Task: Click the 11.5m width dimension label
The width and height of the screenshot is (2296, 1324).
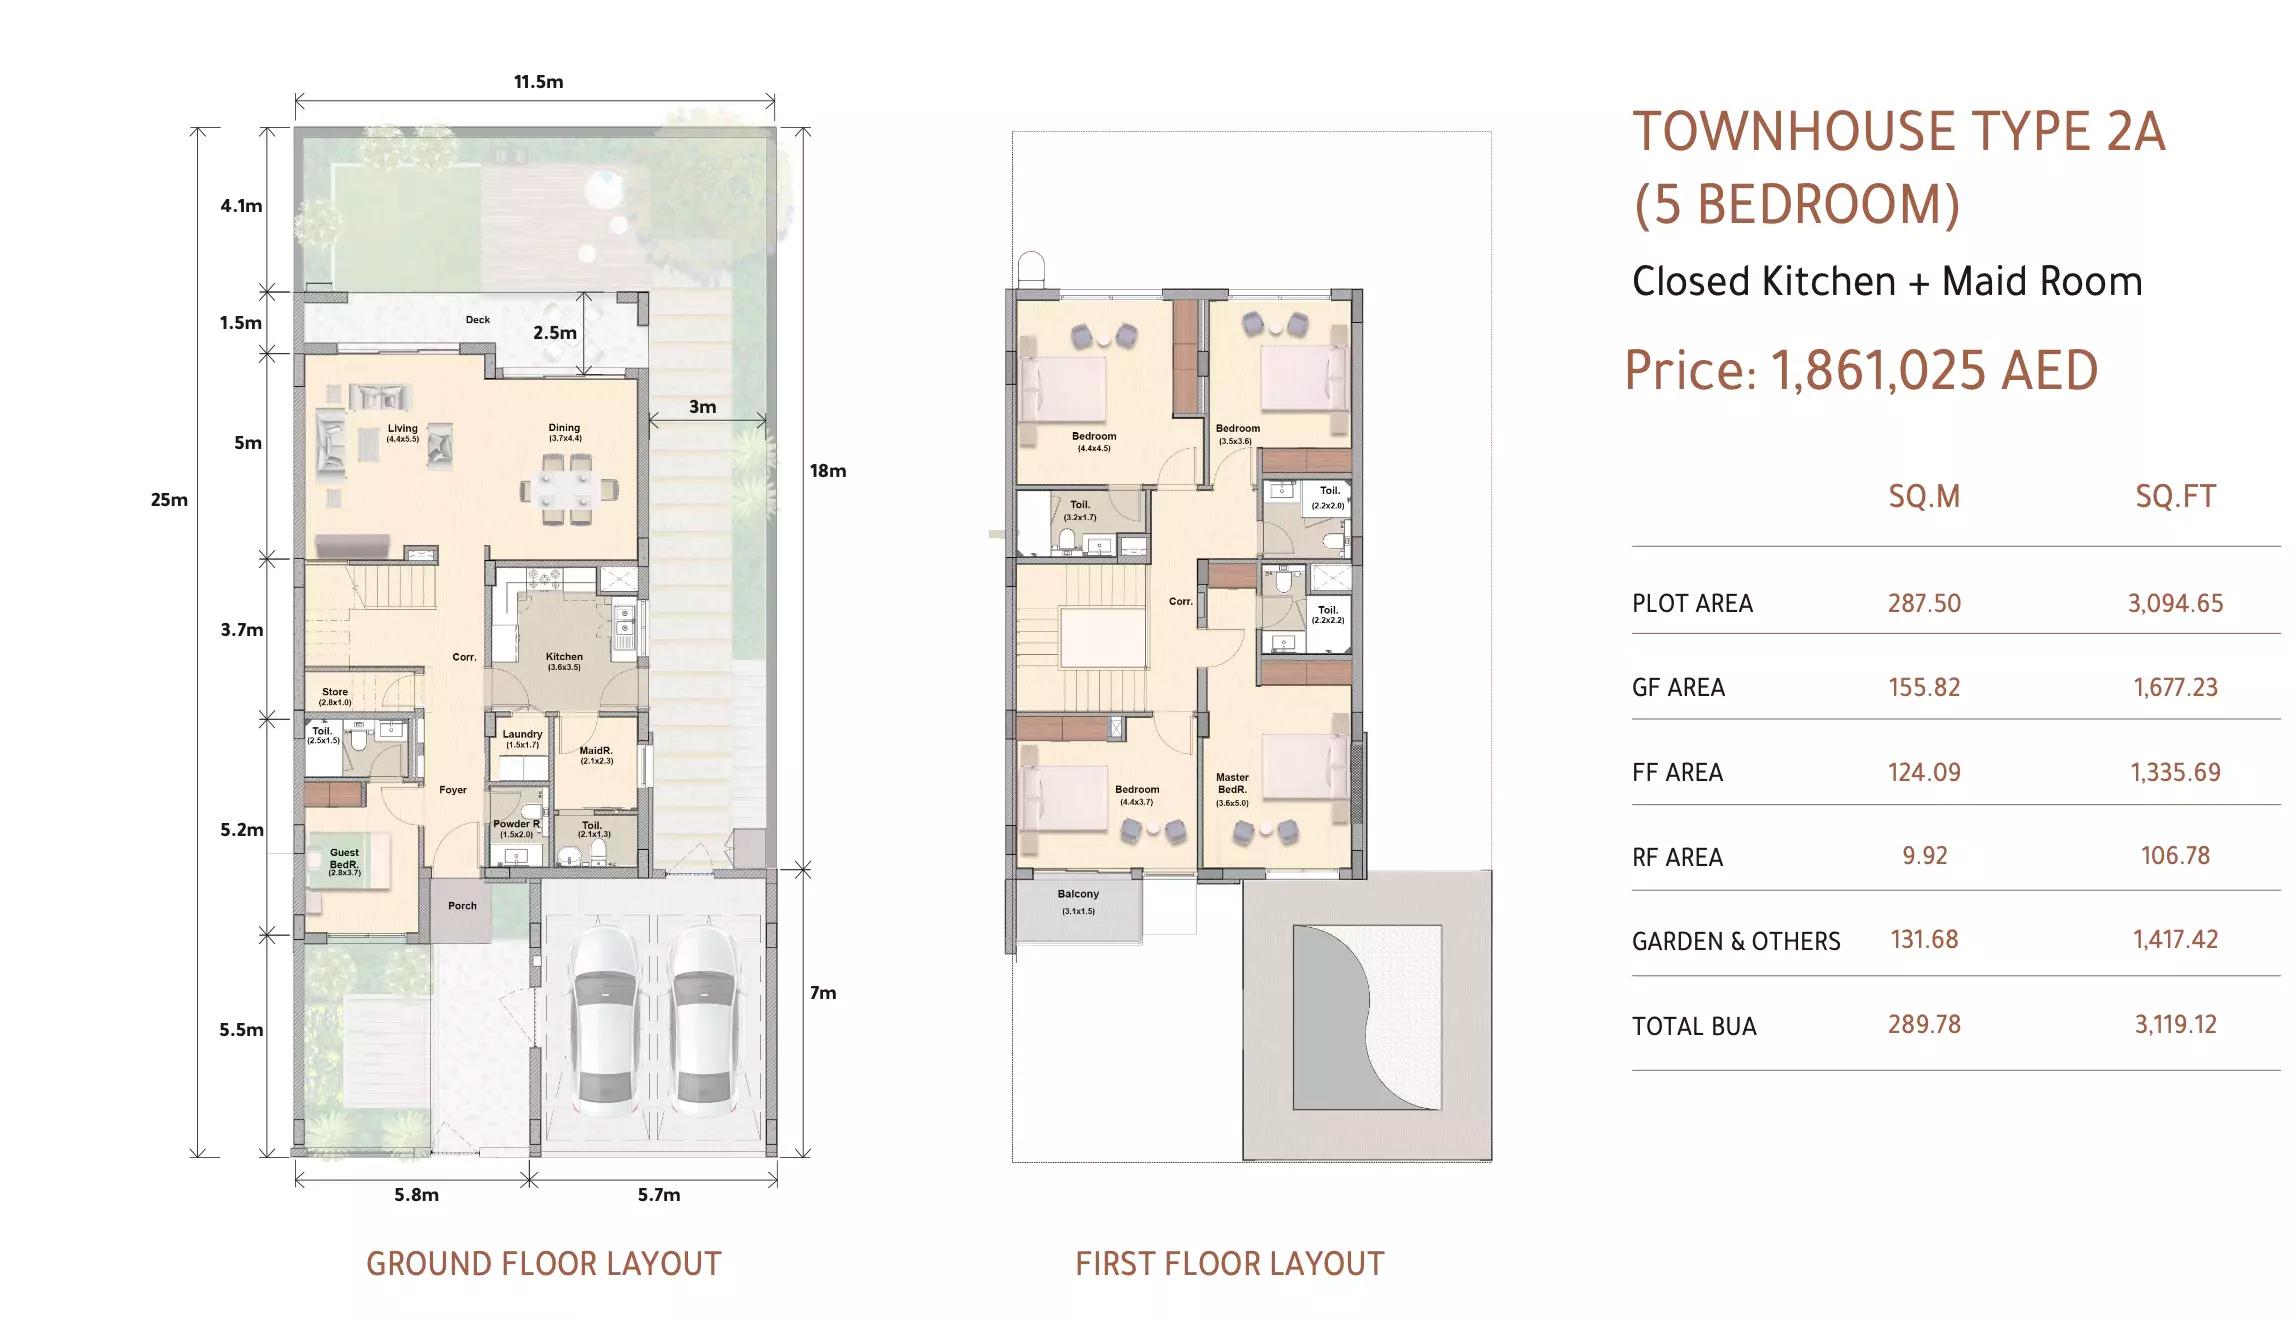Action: [x=538, y=82]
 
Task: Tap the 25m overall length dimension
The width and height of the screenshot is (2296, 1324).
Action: [x=169, y=500]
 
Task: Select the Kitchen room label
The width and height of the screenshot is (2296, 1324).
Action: [x=564, y=658]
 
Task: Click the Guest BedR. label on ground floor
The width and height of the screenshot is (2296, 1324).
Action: [x=344, y=859]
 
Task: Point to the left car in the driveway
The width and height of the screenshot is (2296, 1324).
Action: [x=605, y=1020]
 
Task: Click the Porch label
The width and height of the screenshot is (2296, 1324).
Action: [x=462, y=906]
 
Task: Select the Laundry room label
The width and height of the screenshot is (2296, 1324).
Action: [x=522, y=735]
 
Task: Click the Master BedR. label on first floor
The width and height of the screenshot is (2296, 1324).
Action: [x=1232, y=784]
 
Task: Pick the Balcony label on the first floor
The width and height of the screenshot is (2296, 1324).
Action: [x=1078, y=895]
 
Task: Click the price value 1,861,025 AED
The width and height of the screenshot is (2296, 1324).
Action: [x=1934, y=371]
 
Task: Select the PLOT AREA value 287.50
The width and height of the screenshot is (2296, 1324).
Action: [x=1924, y=604]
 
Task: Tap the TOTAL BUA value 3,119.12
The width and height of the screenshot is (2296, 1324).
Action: [x=2175, y=1025]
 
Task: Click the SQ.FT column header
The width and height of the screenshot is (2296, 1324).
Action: [x=2175, y=497]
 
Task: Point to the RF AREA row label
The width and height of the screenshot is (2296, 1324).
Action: [x=1677, y=858]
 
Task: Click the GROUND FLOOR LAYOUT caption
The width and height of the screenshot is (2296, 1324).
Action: [x=543, y=1264]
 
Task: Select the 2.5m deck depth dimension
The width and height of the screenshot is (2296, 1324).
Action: [x=554, y=333]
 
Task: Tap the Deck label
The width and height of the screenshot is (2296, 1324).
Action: [x=478, y=320]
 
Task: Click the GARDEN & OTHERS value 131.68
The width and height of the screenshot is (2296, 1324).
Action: [x=1924, y=940]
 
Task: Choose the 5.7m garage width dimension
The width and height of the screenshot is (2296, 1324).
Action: [x=659, y=1195]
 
